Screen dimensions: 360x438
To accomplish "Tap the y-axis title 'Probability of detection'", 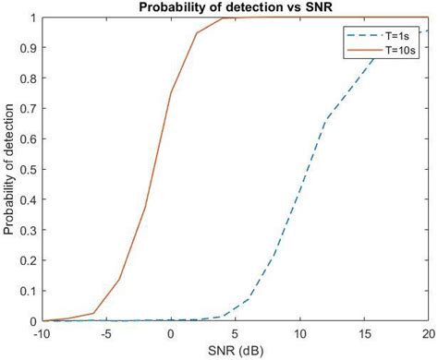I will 9,170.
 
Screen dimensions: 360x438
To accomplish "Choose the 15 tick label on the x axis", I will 364,333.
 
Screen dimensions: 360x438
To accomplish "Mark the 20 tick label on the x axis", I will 427,333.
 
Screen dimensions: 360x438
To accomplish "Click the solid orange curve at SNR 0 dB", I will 171,93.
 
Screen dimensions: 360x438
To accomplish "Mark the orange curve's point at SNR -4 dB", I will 119,280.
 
